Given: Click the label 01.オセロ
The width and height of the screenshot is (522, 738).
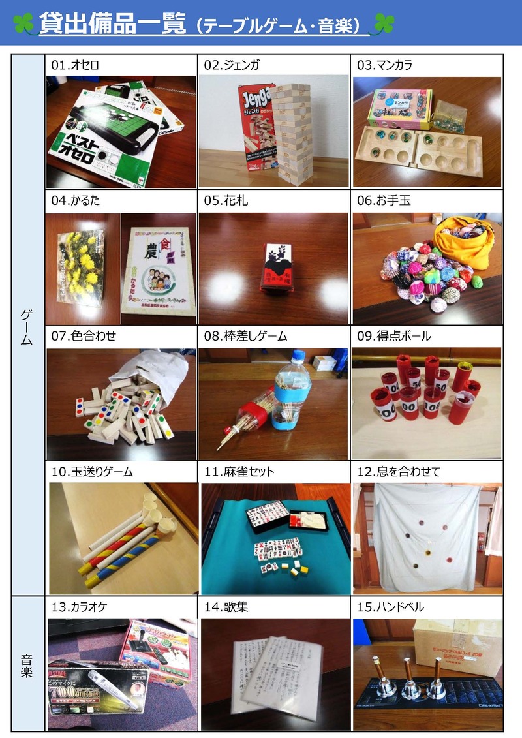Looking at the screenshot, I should tap(75, 65).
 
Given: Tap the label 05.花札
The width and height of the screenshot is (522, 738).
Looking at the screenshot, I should tap(226, 201).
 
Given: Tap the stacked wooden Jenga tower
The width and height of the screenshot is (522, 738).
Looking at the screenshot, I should tap(293, 131).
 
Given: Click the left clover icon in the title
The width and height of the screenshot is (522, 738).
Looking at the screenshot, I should tap(24, 24).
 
